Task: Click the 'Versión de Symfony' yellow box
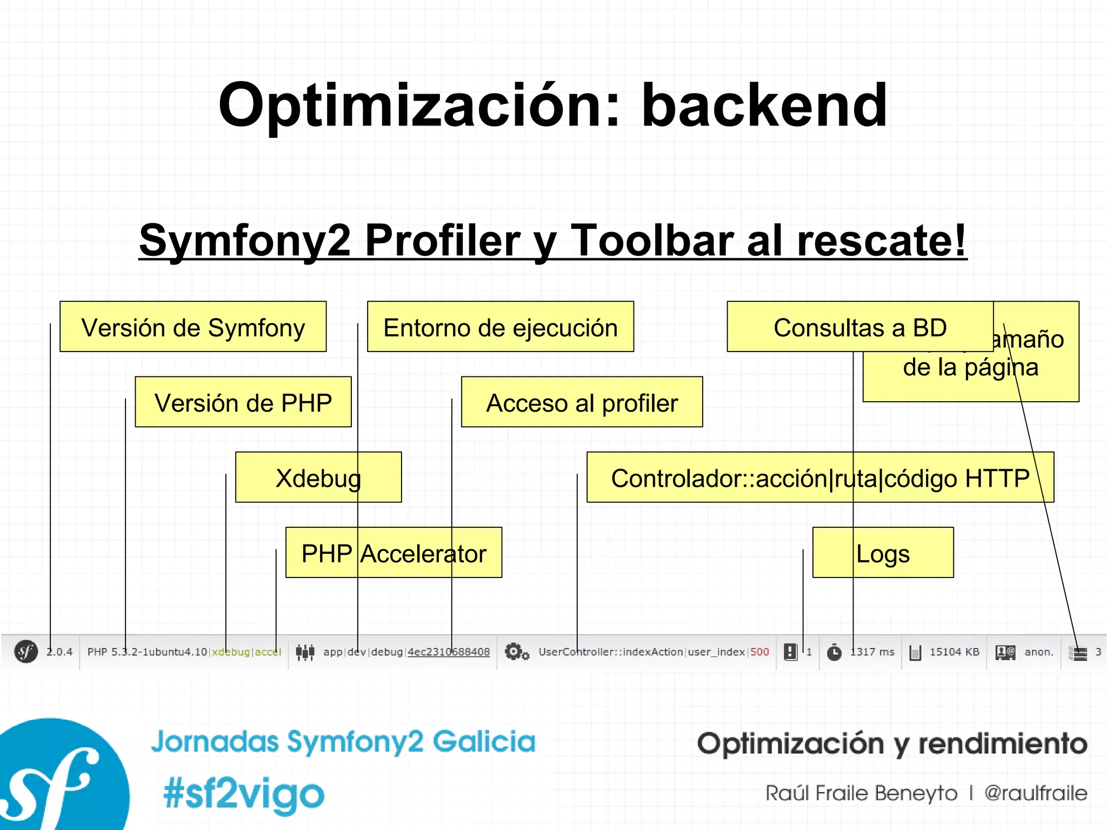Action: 193,327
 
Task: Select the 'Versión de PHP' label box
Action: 243,402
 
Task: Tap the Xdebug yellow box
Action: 318,477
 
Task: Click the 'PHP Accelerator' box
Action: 394,553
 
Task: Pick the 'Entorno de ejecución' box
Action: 500,327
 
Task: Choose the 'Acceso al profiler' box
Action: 582,402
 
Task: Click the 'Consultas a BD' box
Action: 859,327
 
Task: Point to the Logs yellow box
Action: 883,553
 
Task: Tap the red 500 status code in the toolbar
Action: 759,652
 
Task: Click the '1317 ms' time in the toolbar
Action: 872,652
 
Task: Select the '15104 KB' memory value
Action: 954,652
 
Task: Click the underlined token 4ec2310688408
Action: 449,652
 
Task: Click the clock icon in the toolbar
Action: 835,653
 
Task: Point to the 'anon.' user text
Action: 1039,652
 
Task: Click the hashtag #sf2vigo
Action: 244,794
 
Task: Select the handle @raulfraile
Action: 1035,793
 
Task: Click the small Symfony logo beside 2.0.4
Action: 25,652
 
